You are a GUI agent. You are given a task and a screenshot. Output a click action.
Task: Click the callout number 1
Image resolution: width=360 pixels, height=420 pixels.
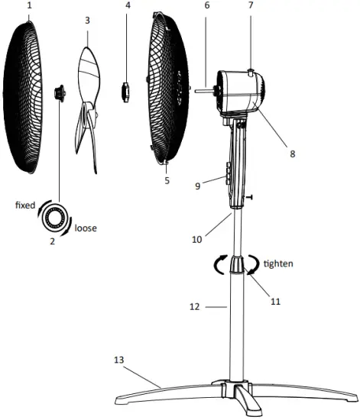pyautogui.click(x=30, y=5)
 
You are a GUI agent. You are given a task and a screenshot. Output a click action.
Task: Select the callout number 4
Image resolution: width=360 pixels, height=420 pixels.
pyautogui.click(x=127, y=6)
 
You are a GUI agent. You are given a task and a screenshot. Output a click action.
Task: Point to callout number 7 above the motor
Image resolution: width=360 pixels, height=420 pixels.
pyautogui.click(x=250, y=6)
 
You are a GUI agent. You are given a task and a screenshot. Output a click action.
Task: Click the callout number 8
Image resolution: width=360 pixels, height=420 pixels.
pyautogui.click(x=292, y=153)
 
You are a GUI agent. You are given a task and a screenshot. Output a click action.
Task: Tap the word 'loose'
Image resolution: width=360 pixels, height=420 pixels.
pyautogui.click(x=86, y=228)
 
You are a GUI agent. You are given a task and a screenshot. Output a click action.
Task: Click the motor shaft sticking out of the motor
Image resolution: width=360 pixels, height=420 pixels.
pyautogui.click(x=203, y=90)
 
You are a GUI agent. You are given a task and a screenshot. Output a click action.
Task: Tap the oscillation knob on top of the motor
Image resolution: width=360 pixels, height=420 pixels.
pyautogui.click(x=251, y=73)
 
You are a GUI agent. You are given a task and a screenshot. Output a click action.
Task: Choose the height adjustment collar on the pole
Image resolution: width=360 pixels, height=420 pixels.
pyautogui.click(x=235, y=266)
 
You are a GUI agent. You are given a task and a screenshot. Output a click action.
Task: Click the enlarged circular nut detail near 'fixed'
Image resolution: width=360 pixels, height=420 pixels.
pyautogui.click(x=54, y=218)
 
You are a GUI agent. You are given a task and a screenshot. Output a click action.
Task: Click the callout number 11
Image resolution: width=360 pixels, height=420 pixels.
pyautogui.click(x=275, y=301)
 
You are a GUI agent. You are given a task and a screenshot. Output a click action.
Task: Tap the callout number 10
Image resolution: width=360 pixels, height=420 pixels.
pyautogui.click(x=198, y=239)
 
